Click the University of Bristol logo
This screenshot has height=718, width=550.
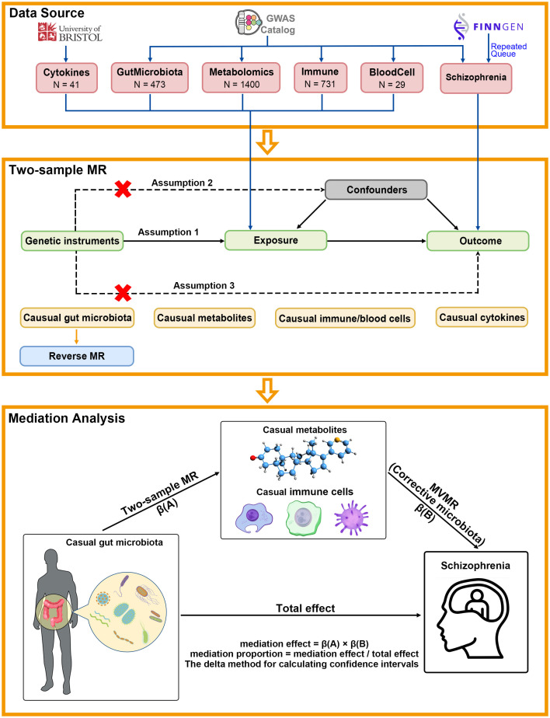pyautogui.click(x=70, y=33)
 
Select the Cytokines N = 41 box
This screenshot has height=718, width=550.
pyautogui.click(x=66, y=78)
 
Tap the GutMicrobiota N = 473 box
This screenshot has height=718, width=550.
pyautogui.click(x=150, y=78)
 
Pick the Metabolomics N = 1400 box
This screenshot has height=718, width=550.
pyautogui.click(x=242, y=78)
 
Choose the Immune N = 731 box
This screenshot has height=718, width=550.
pyautogui.click(x=321, y=78)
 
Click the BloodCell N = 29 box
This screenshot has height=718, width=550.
pyautogui.click(x=392, y=78)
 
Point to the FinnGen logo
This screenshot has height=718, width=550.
pyautogui.click(x=488, y=26)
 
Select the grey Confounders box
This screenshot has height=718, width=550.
pyautogui.click(x=376, y=190)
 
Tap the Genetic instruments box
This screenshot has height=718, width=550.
pyautogui.click(x=72, y=241)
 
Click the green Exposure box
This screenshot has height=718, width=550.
pyautogui.click(x=276, y=240)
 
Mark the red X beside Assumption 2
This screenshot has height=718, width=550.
pyautogui.click(x=123, y=189)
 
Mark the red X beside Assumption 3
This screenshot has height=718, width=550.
pyautogui.click(x=123, y=293)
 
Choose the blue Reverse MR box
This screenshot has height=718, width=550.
pyautogui.click(x=77, y=356)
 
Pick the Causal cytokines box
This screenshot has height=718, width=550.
pyautogui.click(x=482, y=317)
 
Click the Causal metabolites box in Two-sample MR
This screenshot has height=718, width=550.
pyautogui.click(x=205, y=318)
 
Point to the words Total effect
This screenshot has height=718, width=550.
pyautogui.click(x=305, y=608)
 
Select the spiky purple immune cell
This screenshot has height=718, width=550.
pyautogui.click(x=351, y=518)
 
